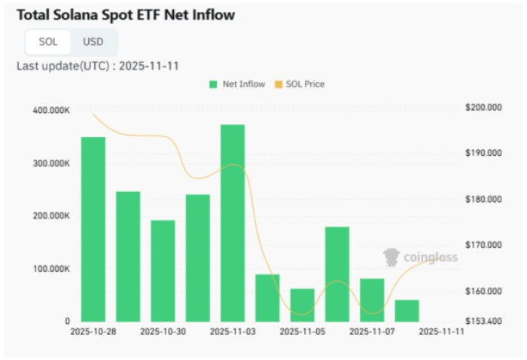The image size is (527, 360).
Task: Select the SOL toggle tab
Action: pyautogui.click(x=48, y=41)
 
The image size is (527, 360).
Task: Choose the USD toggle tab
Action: pyautogui.click(x=93, y=41)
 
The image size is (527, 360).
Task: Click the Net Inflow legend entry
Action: pyautogui.click(x=237, y=84)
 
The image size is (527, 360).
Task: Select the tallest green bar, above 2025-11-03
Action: pyautogui.click(x=233, y=222)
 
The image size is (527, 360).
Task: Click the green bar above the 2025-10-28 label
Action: pyautogui.click(x=93, y=229)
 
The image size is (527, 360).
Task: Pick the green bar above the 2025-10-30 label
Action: pyautogui.click(x=163, y=270)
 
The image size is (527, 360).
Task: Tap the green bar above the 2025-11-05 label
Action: pyautogui.click(x=302, y=304)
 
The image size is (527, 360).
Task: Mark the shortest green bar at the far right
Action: pyautogui.click(x=407, y=310)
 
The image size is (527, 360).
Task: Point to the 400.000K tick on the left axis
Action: pyautogui.click(x=50, y=111)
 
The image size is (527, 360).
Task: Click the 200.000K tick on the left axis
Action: pyautogui.click(x=50, y=216)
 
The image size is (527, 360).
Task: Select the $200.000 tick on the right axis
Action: pyautogui.click(x=483, y=108)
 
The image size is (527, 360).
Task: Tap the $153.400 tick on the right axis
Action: pyautogui.click(x=483, y=322)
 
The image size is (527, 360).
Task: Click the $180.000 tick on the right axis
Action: pyautogui.click(x=483, y=200)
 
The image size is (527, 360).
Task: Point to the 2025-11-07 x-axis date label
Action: pyautogui.click(x=371, y=331)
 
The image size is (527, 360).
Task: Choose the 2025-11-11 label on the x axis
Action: pyautogui.click(x=440, y=331)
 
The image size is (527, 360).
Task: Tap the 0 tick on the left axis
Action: pyautogui.click(x=67, y=322)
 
